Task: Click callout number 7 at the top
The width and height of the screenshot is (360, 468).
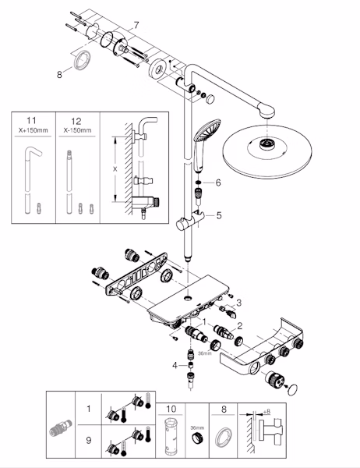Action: pos(136,26)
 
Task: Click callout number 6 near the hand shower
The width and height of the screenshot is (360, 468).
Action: pos(218,183)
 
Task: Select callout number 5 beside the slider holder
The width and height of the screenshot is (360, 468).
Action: pos(219,215)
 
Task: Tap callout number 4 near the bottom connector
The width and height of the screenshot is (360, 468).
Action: pos(175,365)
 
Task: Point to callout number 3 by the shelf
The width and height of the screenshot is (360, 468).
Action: pos(238,303)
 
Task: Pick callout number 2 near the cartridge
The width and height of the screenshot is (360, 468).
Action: pos(239,326)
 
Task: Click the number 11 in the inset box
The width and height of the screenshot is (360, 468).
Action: pos(31,121)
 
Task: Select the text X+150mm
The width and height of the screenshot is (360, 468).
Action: pos(33,130)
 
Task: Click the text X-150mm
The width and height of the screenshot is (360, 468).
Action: pos(78,130)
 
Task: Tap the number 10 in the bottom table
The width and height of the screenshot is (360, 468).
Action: pos(171,409)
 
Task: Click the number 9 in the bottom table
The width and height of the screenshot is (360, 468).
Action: pos(89,440)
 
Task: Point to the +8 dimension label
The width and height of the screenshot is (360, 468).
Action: pos(266,412)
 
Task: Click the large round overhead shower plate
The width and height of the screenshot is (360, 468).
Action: pos(267,152)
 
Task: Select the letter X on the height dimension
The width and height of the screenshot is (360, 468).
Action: pos(115,169)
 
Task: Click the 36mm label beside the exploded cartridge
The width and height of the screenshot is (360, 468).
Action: pos(205,353)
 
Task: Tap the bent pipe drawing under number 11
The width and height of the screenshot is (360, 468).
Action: pos(30,179)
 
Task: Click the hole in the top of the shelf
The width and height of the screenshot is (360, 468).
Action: pos(188,298)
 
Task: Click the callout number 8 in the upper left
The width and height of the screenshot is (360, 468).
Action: pos(59,74)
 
